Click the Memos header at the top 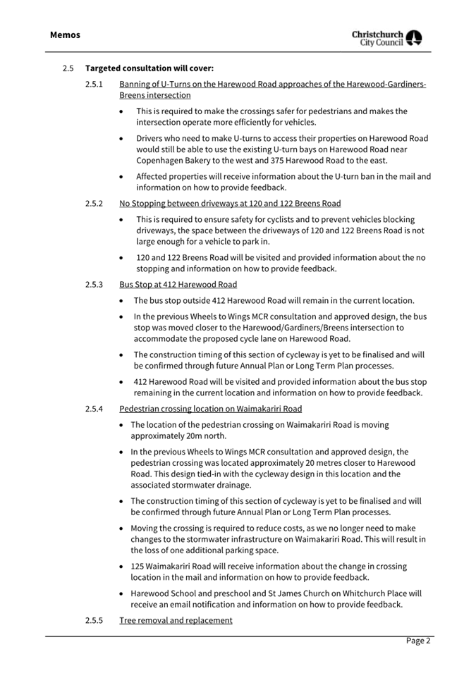pos(65,35)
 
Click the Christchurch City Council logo pos(387,38)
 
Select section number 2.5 pos(68,68)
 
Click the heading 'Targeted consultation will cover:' pos(149,68)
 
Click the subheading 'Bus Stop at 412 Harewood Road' pos(178,285)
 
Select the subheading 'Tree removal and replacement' pos(176,620)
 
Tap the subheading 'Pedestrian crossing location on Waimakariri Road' pos(210,409)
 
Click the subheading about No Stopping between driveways pos(230,204)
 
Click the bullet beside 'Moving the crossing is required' pos(123,529)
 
